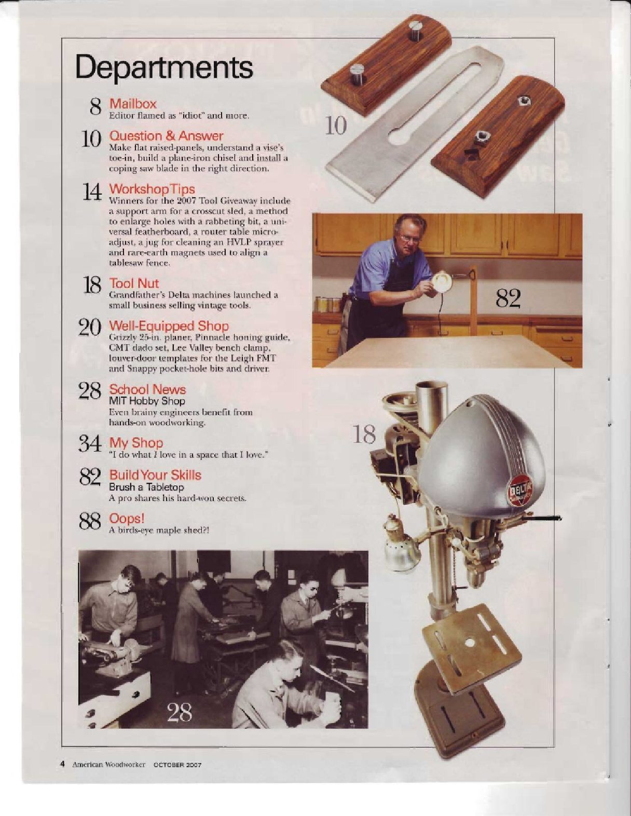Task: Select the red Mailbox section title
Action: pos(132,103)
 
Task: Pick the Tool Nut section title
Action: pos(134,283)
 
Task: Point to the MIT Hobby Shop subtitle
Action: pos(147,401)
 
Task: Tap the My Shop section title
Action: pos(136,443)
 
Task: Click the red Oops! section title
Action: pos(127,519)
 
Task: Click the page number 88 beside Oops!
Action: pos(90,522)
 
